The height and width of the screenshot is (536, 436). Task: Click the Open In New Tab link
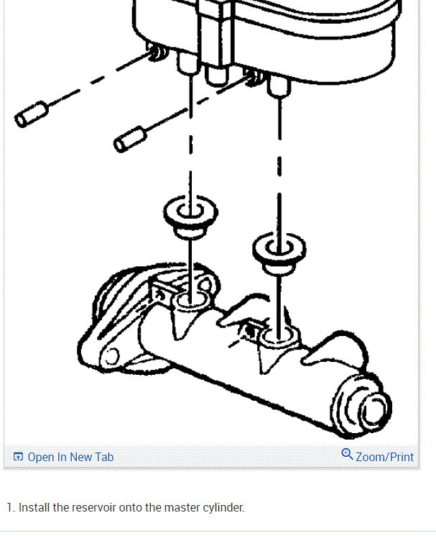click(70, 457)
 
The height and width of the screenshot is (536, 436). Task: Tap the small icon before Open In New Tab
click(19, 457)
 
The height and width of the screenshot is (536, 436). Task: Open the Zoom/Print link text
click(385, 457)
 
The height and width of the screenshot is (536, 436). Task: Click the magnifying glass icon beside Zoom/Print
click(348, 455)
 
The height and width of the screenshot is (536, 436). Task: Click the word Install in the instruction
click(34, 507)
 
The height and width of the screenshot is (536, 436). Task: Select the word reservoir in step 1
click(96, 507)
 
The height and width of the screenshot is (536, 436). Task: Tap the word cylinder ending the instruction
click(223, 507)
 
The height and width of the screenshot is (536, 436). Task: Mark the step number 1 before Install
click(9, 507)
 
